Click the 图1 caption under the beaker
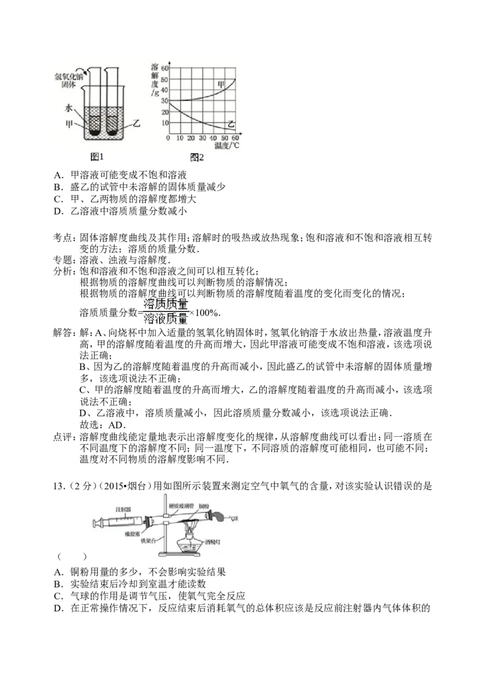[x=97, y=157]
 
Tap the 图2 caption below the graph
[x=197, y=158]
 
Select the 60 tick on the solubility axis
[x=164, y=68]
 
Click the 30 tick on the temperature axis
[x=202, y=139]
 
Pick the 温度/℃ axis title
[x=227, y=145]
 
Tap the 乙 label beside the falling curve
[x=230, y=124]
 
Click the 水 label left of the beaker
[x=69, y=108]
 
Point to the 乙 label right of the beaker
[x=136, y=123]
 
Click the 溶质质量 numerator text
[x=165, y=304]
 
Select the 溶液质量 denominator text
[x=165, y=319]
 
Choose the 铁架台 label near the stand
[x=149, y=539]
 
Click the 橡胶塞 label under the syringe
[x=133, y=534]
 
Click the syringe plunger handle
[x=94, y=523]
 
